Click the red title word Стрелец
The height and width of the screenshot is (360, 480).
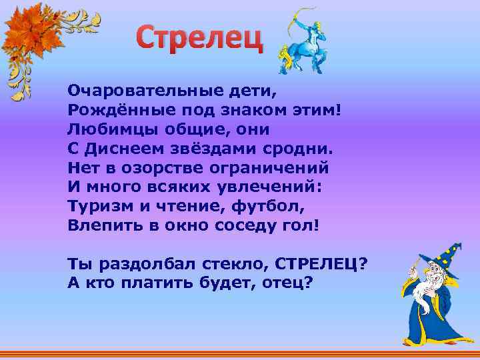coord(200,40)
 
